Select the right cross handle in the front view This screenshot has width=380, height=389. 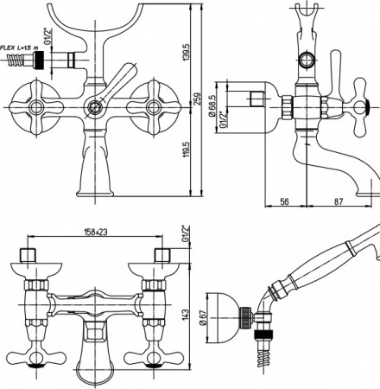click(x=155, y=107)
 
